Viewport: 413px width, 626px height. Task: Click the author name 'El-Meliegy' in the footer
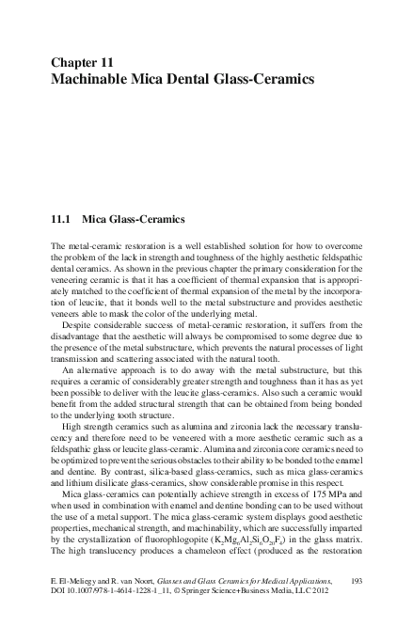pyautogui.click(x=76, y=584)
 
